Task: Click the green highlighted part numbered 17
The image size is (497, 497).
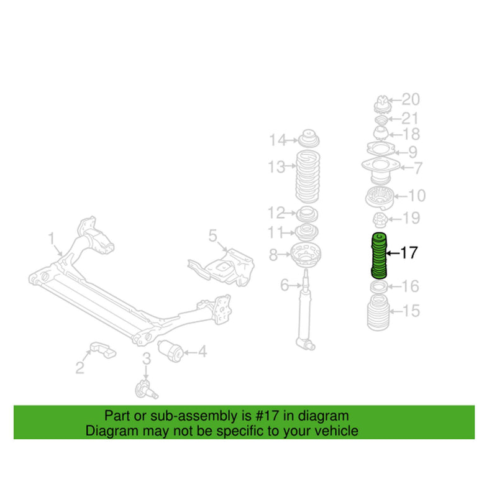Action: click(377, 254)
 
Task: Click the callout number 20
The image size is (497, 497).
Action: click(411, 99)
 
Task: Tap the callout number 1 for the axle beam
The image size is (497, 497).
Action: click(52, 239)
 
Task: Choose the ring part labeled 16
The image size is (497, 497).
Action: click(379, 286)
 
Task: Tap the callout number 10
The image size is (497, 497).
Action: click(416, 196)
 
